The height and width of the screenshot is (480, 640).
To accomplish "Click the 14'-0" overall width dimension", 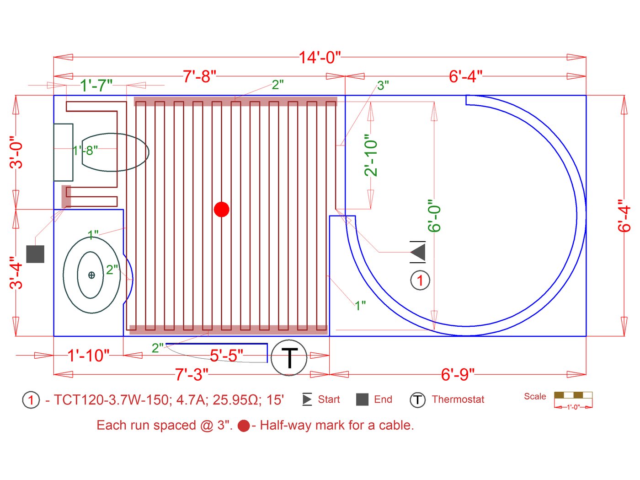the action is (320, 57).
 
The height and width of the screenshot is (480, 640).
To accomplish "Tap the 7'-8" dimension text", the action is (200, 76).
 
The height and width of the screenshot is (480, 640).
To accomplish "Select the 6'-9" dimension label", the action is (458, 374).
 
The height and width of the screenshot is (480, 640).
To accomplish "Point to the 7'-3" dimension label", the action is (192, 374).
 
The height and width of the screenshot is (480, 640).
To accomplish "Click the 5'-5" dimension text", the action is (227, 356).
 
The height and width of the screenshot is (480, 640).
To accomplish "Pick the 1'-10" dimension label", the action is (88, 356).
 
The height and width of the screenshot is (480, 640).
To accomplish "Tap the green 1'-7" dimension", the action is (96, 86).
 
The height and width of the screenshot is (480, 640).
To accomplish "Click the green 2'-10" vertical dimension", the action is (371, 155).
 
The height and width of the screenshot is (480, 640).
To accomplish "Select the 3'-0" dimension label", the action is (16, 152).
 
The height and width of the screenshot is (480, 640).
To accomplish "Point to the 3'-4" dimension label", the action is (16, 273).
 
